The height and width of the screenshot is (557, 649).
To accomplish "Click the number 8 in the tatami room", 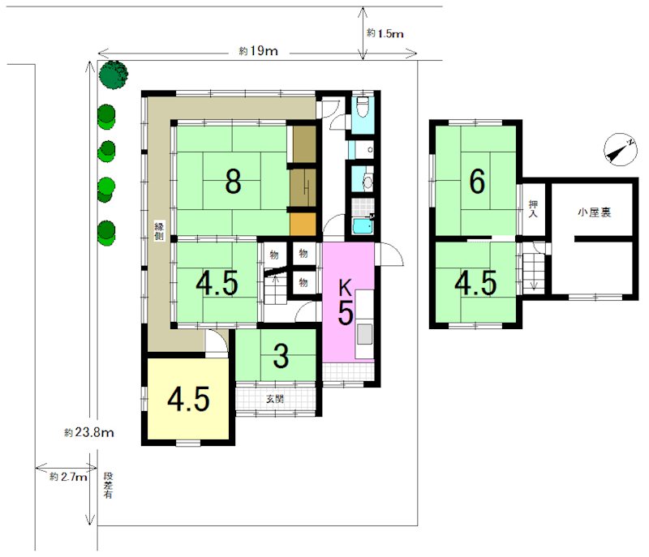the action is tap(233, 181).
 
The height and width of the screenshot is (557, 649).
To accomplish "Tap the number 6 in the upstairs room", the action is tap(477, 181).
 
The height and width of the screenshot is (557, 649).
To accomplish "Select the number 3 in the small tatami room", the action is tap(281, 356).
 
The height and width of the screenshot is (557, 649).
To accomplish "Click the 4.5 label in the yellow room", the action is tap(188, 399).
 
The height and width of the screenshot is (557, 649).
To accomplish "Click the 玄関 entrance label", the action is tap(274, 400).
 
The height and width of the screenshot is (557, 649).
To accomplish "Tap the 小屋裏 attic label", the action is tap(594, 212).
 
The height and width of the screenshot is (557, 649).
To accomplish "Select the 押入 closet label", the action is tap(533, 209).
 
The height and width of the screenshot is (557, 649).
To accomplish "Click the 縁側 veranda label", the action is tap(159, 232).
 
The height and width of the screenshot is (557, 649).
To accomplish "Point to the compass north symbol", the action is tap(620, 150).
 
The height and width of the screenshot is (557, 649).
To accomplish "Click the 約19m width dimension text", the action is tap(258, 51).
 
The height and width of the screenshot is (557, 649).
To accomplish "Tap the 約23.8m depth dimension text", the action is tap(89, 432).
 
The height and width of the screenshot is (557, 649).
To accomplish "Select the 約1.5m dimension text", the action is tap(385, 33).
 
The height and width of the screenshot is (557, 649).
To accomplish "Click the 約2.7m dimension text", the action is tap(68, 477).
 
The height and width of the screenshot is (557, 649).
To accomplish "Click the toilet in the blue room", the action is tap(363, 107).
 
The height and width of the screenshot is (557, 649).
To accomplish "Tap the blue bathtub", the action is tap(363, 225).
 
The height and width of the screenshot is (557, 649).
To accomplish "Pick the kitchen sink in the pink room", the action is tap(364, 334).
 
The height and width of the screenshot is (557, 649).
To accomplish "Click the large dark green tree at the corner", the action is tap(114, 75).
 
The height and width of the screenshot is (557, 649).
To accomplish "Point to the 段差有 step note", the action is tap(108, 485).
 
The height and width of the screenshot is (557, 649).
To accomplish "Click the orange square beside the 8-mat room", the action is tap(303, 224).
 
